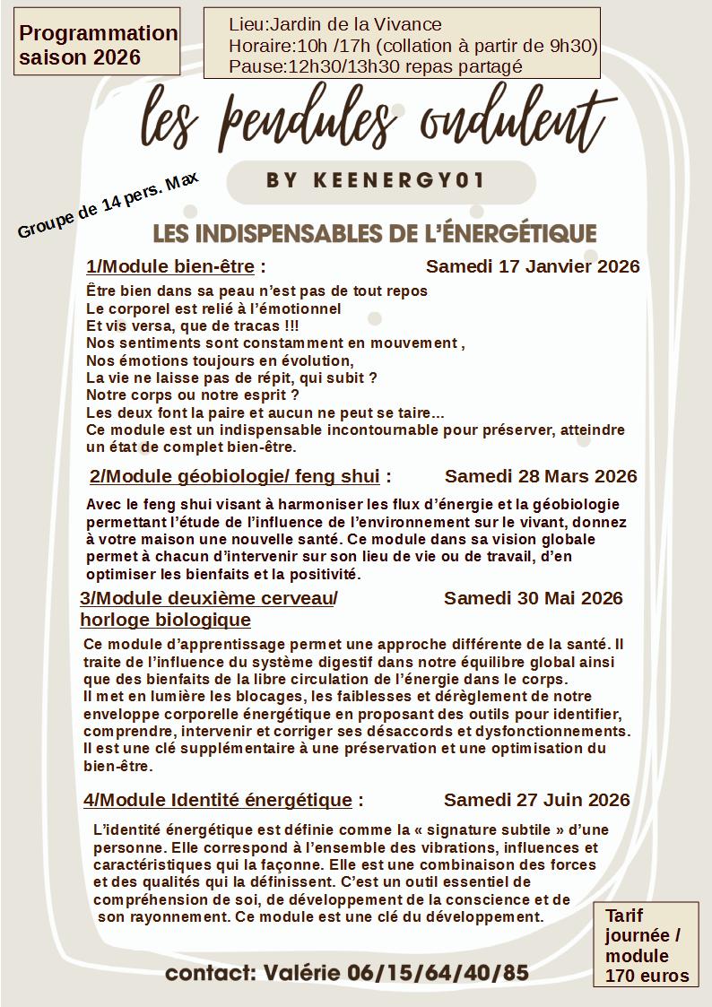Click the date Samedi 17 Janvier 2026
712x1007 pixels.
point(533,266)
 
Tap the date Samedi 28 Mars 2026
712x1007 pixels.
point(541,475)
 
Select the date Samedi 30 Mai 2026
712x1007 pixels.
point(533,598)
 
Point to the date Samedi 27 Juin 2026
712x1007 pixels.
point(536,799)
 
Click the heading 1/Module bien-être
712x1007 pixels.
point(170,266)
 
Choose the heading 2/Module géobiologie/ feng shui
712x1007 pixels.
point(235,475)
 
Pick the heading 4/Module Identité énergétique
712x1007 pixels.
point(218,799)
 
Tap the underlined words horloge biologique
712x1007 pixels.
point(165,620)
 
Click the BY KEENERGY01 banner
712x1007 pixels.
point(375,180)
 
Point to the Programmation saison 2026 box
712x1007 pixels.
point(98,45)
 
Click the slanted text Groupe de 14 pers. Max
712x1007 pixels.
point(108,205)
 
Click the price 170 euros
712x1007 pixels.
point(647,976)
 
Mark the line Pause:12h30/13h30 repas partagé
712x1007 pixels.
point(376,66)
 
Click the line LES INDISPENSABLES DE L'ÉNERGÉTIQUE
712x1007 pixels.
point(375,233)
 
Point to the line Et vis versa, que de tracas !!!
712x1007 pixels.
point(193,326)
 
